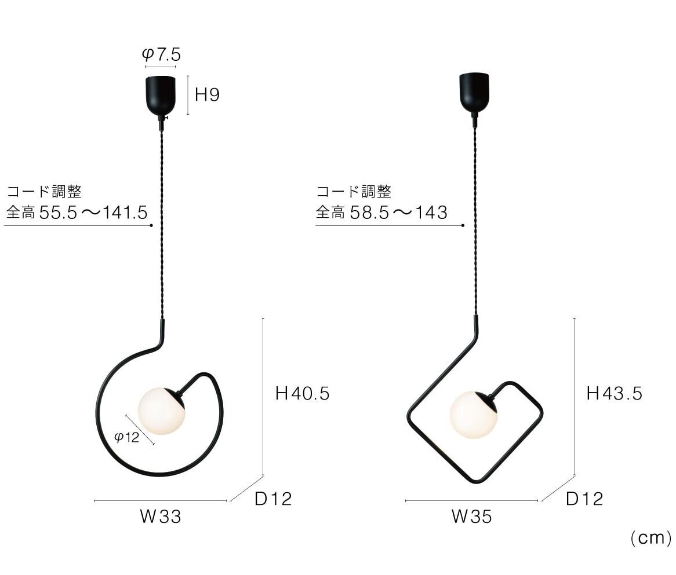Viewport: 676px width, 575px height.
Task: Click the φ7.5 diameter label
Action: click(161, 54)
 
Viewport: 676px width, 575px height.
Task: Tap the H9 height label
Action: click(208, 95)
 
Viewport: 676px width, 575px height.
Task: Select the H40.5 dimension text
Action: click(303, 394)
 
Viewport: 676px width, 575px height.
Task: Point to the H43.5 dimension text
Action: click(615, 394)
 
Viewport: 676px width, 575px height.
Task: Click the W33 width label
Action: click(161, 517)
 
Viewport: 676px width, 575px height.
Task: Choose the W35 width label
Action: click(472, 517)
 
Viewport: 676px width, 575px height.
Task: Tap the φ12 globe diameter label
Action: click(127, 438)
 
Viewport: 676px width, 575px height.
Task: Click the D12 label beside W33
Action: click(273, 499)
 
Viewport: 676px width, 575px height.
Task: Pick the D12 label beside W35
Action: click(584, 499)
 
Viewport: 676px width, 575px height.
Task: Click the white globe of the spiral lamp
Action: click(161, 411)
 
